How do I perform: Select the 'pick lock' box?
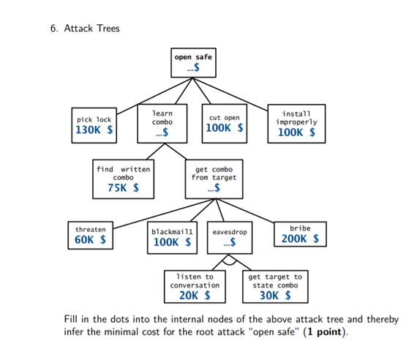[x=94, y=124]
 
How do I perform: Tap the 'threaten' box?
[x=90, y=234]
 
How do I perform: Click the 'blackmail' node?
[x=173, y=236]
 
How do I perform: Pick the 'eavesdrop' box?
[x=229, y=236]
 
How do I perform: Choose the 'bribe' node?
[x=299, y=234]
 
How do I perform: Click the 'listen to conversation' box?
[x=195, y=286]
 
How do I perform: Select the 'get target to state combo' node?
[x=275, y=286]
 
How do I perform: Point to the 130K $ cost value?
[x=94, y=130]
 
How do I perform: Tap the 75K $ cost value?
[x=123, y=189]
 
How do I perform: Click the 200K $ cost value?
[x=299, y=239]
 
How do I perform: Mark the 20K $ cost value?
[x=195, y=296]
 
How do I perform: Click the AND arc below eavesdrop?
[x=229, y=259]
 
